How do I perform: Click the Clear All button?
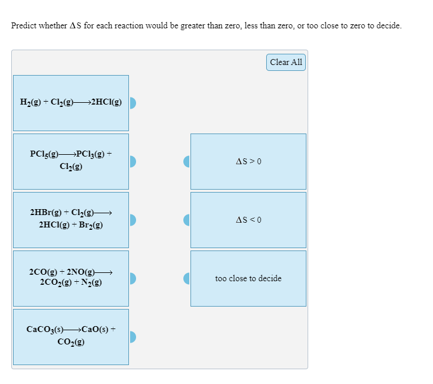point(286,62)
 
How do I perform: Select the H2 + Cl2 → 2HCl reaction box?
point(71,103)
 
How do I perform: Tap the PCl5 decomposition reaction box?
point(71,161)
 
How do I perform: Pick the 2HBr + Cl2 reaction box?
point(71,219)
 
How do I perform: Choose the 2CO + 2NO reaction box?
point(71,278)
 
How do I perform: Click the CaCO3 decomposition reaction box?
point(71,336)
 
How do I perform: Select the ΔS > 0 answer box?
point(248,161)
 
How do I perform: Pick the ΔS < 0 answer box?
point(248,220)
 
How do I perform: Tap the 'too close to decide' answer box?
point(248,278)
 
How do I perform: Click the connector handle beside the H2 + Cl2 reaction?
point(133,103)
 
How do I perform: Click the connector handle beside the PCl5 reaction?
point(133,161)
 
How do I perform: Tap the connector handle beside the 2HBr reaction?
point(133,220)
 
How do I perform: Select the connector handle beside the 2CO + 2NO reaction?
point(133,278)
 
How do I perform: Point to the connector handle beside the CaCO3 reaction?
point(133,337)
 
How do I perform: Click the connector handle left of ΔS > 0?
point(187,161)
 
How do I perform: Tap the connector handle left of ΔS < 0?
point(187,220)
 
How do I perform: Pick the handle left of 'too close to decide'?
point(187,278)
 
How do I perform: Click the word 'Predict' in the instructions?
point(24,26)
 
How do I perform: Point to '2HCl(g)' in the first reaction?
point(106,102)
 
